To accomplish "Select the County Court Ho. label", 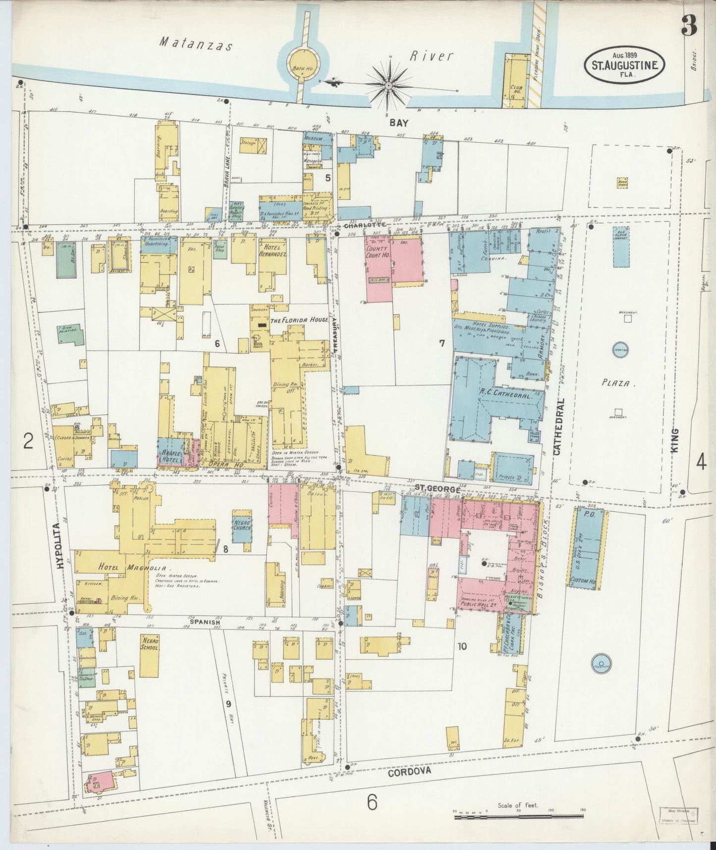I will (x=378, y=251).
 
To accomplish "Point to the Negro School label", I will (x=150, y=644).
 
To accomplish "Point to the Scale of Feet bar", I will (x=518, y=815).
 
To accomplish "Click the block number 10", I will (x=462, y=646).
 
